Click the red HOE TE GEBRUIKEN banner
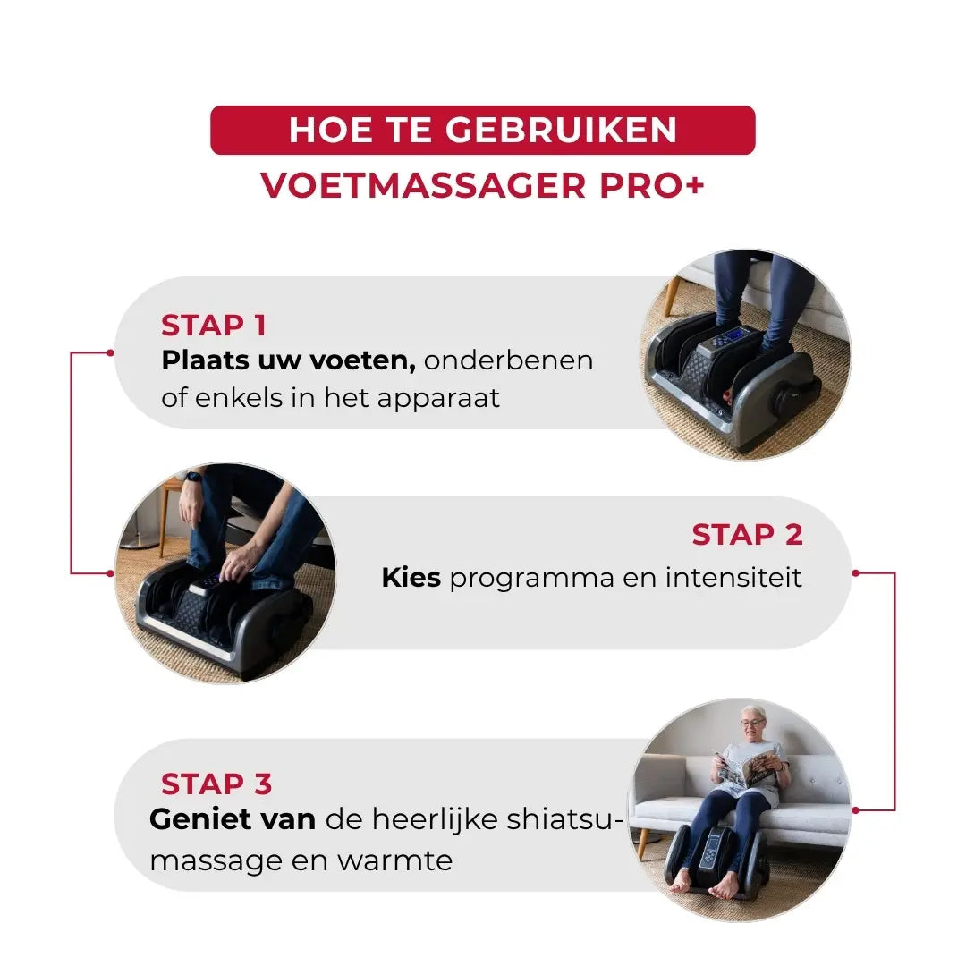click(x=482, y=130)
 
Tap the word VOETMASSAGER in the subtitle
click(x=423, y=185)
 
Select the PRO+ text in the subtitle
click(x=652, y=185)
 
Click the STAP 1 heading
click(x=213, y=326)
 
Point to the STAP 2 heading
click(x=747, y=534)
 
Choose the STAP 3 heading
click(x=216, y=784)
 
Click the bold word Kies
click(x=411, y=577)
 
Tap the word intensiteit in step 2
click(x=733, y=577)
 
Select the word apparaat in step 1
click(x=438, y=399)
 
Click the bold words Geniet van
click(x=233, y=819)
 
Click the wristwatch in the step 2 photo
click(x=194, y=478)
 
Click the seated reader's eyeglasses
click(x=751, y=723)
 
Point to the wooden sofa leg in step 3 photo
click(x=644, y=843)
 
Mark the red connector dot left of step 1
click(x=110, y=352)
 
